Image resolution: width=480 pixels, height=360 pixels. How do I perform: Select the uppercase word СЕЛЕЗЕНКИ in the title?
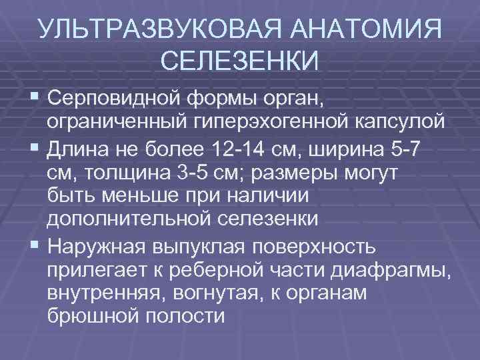click(x=240, y=61)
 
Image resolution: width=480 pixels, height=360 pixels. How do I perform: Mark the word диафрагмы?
click(x=397, y=271)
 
